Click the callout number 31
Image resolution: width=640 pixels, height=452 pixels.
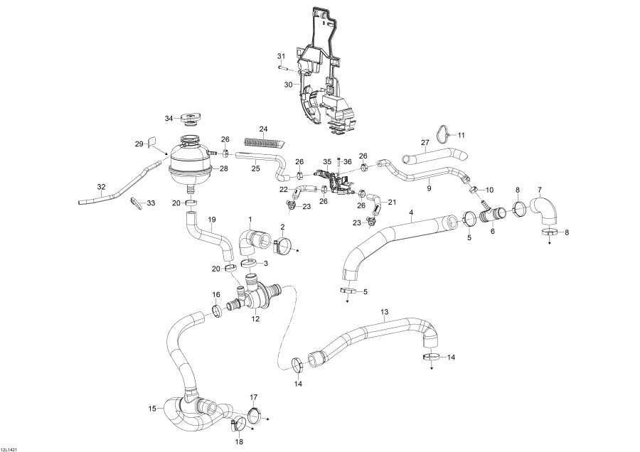[280, 56]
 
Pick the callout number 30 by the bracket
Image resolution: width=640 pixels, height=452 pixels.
[289, 84]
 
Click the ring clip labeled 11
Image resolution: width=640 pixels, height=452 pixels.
[444, 132]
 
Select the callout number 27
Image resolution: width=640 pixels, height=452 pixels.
[425, 143]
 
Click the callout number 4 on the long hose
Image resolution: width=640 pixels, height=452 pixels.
[411, 212]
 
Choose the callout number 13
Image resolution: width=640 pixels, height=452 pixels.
[385, 312]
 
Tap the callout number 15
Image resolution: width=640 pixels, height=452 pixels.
[151, 408]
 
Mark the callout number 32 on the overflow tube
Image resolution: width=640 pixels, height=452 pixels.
[101, 188]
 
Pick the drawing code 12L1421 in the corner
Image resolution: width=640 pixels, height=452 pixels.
[10, 448]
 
